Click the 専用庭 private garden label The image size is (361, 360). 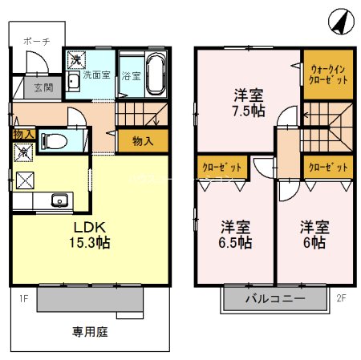coord(89,329)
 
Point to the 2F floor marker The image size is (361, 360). coord(341,299)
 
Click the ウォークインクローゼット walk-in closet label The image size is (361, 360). coord(327,75)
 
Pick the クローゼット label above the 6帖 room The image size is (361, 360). coord(327,167)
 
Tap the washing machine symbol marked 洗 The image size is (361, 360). coord(75,59)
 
